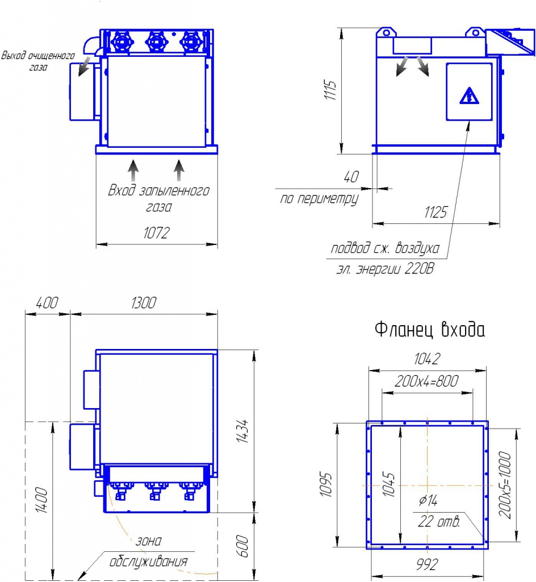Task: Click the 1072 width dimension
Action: [156, 232]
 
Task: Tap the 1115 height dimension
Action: [330, 90]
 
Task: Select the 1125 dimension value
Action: [436, 213]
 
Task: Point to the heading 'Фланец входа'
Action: [430, 329]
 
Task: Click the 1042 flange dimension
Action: [427, 359]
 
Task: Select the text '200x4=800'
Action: [426, 381]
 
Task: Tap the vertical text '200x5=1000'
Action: [505, 485]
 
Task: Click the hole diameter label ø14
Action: [428, 500]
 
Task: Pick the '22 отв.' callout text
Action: [439, 522]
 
